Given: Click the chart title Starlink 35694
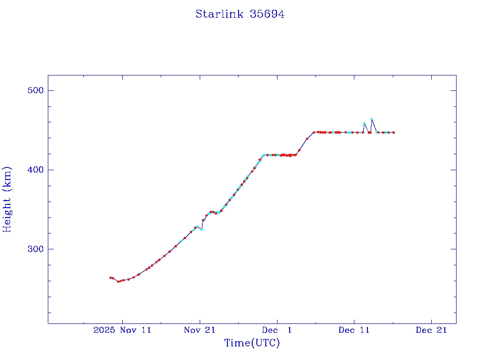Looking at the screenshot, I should pyautogui.click(x=240, y=14).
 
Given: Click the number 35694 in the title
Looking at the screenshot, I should pyautogui.click(x=267, y=14).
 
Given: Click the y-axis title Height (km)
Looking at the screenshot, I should pyautogui.click(x=7, y=199).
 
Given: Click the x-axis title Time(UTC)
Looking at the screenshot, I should pyautogui.click(x=252, y=343).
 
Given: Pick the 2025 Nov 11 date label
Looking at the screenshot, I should pyautogui.click(x=122, y=330).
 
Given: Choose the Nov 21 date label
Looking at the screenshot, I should pyautogui.click(x=200, y=330).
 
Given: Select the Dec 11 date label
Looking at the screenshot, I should pyautogui.click(x=354, y=330).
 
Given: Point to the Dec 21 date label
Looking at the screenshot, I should pyautogui.click(x=431, y=330).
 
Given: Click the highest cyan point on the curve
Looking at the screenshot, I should pyautogui.click(x=371, y=120).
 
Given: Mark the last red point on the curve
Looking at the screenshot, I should pyautogui.click(x=394, y=133).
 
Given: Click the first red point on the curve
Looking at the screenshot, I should pyautogui.click(x=110, y=277).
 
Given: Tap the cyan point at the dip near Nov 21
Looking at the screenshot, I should pyautogui.click(x=201, y=229).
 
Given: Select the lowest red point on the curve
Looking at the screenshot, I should pyautogui.click(x=118, y=281).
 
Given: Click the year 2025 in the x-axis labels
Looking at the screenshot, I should pyautogui.click(x=103, y=330).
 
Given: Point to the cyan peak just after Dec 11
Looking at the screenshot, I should pyautogui.click(x=364, y=123).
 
